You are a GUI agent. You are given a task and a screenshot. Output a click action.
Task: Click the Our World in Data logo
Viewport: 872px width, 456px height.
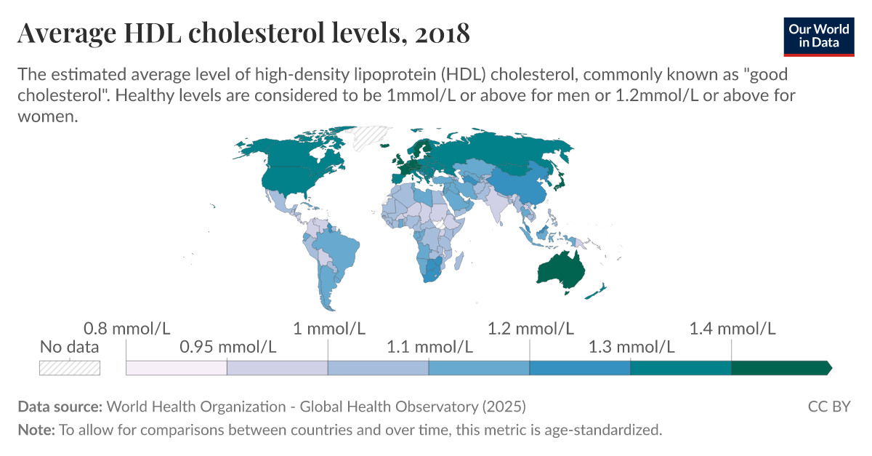click(818, 34)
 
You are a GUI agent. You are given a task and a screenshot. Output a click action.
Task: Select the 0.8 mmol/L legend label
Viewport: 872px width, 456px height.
click(126, 329)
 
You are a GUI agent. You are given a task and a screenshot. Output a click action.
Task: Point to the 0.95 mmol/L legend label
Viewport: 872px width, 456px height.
click(227, 347)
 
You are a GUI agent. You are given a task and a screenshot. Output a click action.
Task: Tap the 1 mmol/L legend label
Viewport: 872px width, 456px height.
click(328, 329)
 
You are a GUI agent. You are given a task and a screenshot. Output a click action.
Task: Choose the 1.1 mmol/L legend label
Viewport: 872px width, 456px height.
click(429, 347)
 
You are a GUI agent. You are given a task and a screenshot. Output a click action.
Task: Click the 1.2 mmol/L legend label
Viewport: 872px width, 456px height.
click(530, 329)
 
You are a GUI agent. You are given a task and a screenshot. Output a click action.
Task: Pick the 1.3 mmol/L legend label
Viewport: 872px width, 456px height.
click(631, 347)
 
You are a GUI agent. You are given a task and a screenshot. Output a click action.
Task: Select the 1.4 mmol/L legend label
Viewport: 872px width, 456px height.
click(732, 329)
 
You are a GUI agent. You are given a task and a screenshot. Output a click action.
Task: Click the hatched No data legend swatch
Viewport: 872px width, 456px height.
click(70, 367)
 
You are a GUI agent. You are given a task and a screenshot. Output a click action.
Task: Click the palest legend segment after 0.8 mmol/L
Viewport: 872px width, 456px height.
click(177, 367)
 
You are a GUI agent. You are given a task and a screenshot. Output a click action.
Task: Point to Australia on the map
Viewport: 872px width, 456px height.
click(560, 269)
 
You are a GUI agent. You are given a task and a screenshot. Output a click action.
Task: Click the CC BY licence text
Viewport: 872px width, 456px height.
click(828, 406)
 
